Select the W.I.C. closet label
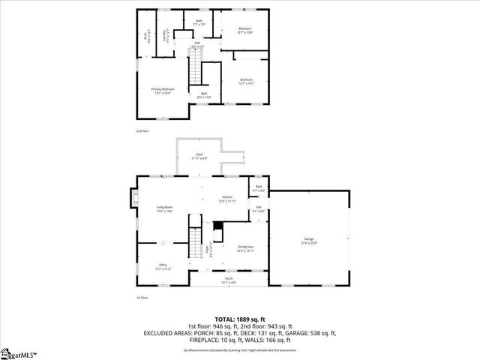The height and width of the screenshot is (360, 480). [145, 37]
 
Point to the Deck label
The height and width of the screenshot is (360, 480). [199, 157]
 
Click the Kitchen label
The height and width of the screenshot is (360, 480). [227, 199]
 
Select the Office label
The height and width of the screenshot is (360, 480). [163, 266]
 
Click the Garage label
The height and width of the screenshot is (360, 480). [309, 241]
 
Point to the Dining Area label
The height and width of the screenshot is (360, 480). [245, 248]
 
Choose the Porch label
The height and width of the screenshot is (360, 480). [228, 280]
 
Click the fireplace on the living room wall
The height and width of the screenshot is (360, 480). [136, 198]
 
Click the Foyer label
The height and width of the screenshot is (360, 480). [211, 253]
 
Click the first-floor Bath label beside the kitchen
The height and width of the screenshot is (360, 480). [259, 188]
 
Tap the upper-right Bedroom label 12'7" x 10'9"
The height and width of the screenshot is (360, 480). [246, 30]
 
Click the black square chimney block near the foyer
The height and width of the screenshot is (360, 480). [218, 226]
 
